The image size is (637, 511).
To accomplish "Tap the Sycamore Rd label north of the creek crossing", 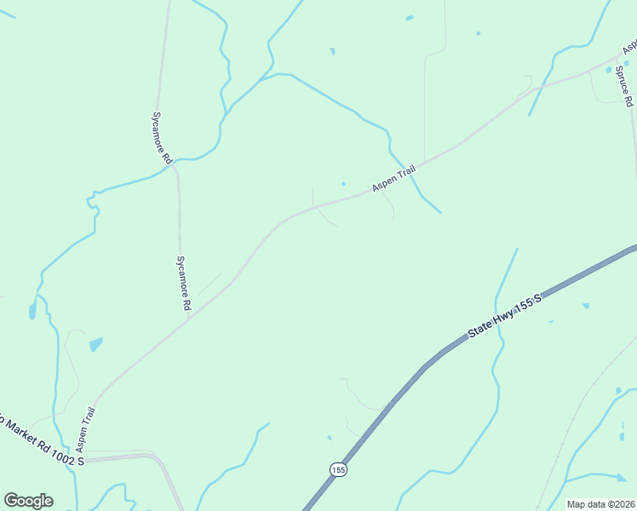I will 163,135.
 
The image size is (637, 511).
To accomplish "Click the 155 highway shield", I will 338,469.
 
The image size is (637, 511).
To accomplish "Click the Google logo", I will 28,501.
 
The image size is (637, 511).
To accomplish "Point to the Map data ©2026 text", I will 600,504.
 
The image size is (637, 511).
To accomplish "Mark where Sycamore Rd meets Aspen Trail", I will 188,318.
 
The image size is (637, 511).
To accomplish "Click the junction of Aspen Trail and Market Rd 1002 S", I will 86,459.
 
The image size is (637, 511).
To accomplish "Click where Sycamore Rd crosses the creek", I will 175,166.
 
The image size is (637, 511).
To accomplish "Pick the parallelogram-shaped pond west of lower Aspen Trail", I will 95,344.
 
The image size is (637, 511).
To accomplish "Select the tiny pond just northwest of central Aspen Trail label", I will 343,183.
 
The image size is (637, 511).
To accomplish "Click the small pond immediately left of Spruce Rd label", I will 609,69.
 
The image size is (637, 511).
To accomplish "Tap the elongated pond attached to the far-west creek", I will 32,310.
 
